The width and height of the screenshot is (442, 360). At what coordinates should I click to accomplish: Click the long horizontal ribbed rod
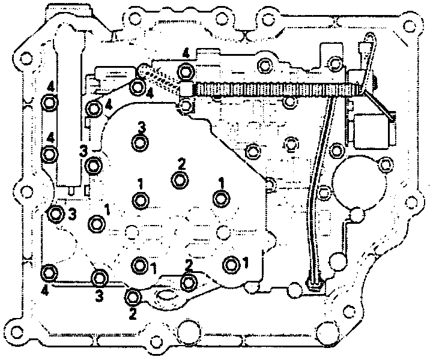point(270,88)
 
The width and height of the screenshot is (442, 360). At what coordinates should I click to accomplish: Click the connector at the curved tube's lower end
point(315,283)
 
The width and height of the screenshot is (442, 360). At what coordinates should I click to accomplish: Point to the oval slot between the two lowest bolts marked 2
point(163,295)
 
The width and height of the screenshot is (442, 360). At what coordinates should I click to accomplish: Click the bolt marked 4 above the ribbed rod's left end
point(186,73)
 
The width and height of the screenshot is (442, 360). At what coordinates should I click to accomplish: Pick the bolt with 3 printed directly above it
point(140,143)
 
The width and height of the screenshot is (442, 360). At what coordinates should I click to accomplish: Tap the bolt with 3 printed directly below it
point(99,278)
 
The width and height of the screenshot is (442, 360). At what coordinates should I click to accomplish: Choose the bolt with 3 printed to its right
point(56,213)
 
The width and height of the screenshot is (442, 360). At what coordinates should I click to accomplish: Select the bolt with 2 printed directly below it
point(133,296)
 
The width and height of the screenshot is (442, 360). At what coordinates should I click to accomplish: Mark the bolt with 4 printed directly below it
point(50,274)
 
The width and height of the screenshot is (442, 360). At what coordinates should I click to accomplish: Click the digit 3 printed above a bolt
point(142,127)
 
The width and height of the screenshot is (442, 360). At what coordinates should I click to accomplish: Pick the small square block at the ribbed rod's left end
point(186,89)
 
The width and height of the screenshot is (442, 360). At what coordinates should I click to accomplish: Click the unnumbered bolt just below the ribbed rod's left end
point(187,107)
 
